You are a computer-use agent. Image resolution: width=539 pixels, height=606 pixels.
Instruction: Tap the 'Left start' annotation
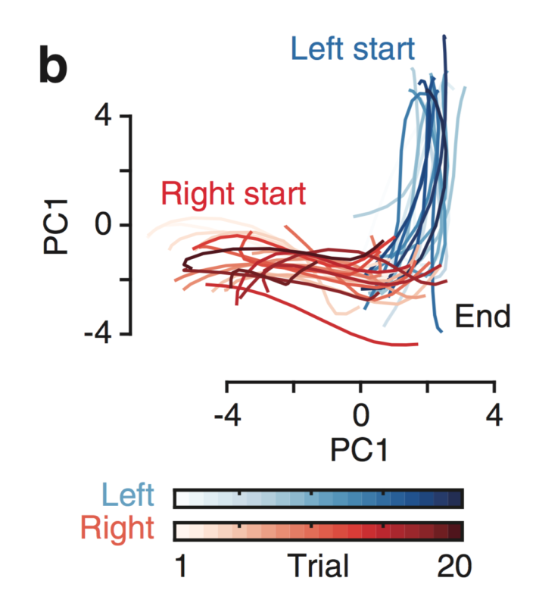click(352, 49)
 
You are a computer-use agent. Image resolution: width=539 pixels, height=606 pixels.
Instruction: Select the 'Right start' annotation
click(232, 194)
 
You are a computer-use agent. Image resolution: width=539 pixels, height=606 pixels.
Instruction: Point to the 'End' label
click(483, 317)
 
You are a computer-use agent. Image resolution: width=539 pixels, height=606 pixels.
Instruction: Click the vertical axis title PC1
click(57, 225)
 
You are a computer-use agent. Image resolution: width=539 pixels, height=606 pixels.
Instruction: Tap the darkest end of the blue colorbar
click(455, 498)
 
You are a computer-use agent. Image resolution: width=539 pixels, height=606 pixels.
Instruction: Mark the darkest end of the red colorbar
click(455, 530)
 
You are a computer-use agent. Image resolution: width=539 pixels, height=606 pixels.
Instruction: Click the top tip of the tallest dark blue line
click(444, 35)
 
